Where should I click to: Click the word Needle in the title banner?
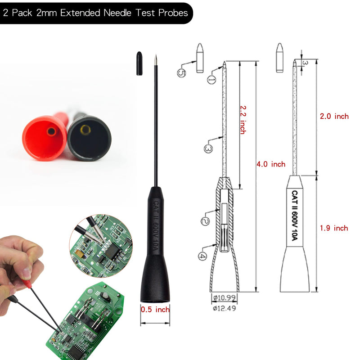pyautogui.click(x=117, y=13)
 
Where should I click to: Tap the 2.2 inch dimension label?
pyautogui.click(x=243, y=120)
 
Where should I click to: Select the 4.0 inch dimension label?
pyautogui.click(x=271, y=164)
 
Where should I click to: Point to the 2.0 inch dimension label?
pyautogui.click(x=334, y=116)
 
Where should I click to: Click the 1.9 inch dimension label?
pyautogui.click(x=334, y=228)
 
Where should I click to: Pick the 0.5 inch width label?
pyautogui.click(x=155, y=310)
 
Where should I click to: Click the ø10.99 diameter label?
pyautogui.click(x=224, y=298)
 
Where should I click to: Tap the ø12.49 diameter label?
pyautogui.click(x=224, y=308)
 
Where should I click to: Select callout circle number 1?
pyautogui.click(x=211, y=80)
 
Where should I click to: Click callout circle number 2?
pyautogui.click(x=205, y=221)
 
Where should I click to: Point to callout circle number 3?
pyautogui.click(x=208, y=149)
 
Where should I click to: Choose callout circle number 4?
pyautogui.click(x=202, y=256)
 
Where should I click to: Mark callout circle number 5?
pyautogui.click(x=181, y=73)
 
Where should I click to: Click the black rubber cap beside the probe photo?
pyautogui.click(x=139, y=63)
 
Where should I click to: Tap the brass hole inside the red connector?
pyautogui.click(x=51, y=131)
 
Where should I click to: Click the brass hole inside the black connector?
pyautogui.click(x=85, y=130)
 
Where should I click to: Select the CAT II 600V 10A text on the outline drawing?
pyautogui.click(x=295, y=216)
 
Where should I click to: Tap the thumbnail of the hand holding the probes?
pyautogui.click(x=62, y=298)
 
